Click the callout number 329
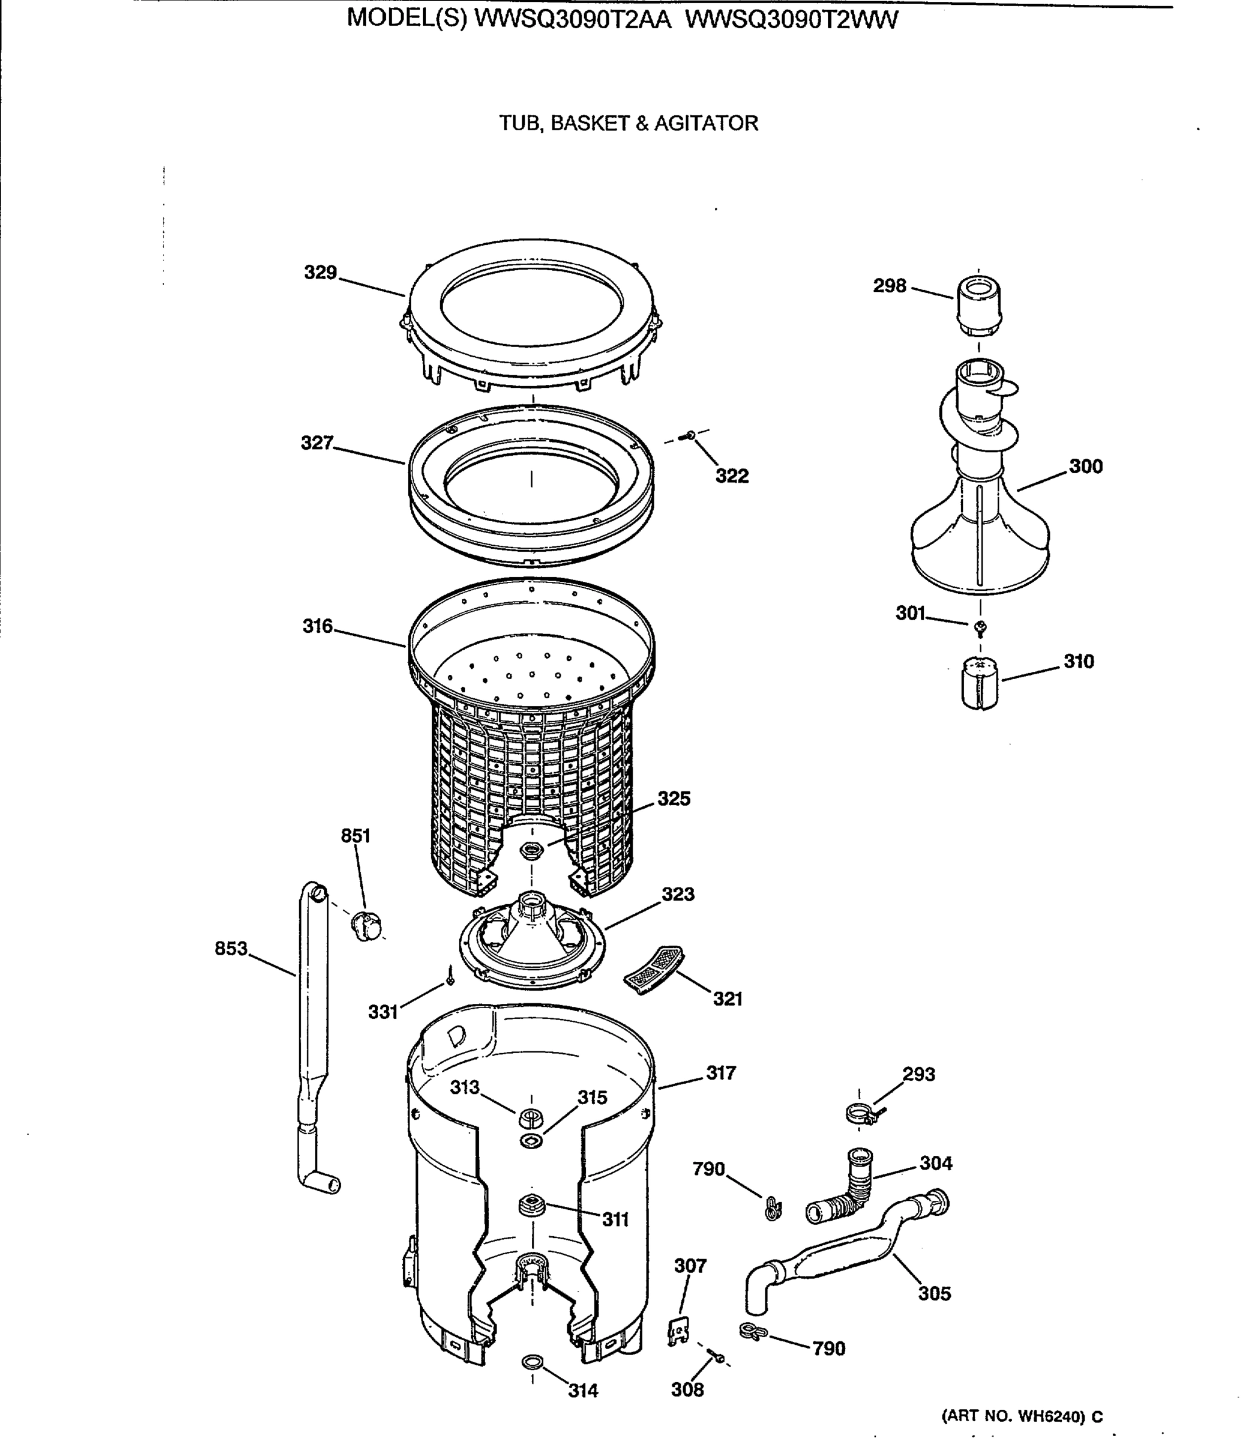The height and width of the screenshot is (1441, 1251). (321, 272)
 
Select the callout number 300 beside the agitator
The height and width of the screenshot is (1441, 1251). (1085, 467)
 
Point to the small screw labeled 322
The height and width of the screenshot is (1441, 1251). (690, 436)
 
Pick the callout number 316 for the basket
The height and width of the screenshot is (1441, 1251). (318, 626)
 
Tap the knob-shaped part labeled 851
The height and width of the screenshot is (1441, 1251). (366, 925)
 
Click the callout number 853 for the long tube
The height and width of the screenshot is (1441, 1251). (231, 948)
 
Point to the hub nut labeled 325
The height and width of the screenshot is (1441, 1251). (532, 850)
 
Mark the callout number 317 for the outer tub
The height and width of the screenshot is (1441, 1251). (721, 1072)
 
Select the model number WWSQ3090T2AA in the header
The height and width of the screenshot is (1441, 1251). (573, 20)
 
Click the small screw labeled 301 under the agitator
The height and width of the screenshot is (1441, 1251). (980, 627)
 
